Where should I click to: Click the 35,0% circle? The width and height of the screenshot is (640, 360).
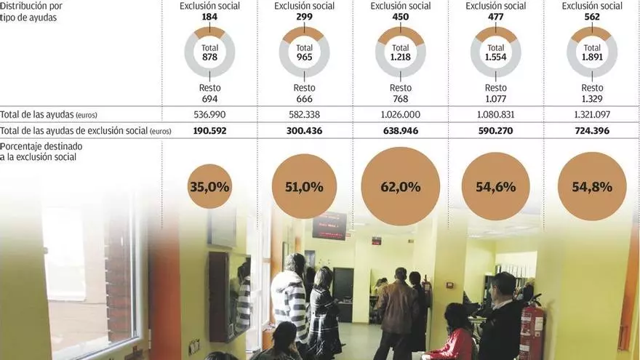pyautogui.click(x=209, y=187)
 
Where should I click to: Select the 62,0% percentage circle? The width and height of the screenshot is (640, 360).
pyautogui.click(x=400, y=187)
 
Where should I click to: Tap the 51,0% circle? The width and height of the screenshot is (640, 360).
pyautogui.click(x=304, y=187)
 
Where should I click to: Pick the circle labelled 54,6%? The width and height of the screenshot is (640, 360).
pyautogui.click(x=495, y=187)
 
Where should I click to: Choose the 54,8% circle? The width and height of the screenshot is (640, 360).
pyautogui.click(x=591, y=187)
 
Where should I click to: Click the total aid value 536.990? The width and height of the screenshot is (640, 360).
pyautogui.click(x=209, y=115)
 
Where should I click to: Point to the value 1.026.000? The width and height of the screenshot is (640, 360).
pyautogui.click(x=400, y=115)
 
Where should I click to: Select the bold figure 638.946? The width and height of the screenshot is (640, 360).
pyautogui.click(x=400, y=132)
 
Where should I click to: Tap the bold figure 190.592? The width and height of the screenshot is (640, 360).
pyautogui.click(x=209, y=132)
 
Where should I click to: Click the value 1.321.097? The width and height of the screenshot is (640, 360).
pyautogui.click(x=591, y=115)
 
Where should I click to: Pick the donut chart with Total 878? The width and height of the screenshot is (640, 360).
pyautogui.click(x=209, y=52)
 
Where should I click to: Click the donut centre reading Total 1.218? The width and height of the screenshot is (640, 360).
pyautogui.click(x=400, y=52)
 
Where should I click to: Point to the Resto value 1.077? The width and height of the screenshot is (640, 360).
pyautogui.click(x=495, y=99)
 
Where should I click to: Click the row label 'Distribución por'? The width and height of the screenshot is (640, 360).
pyautogui.click(x=28, y=7)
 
